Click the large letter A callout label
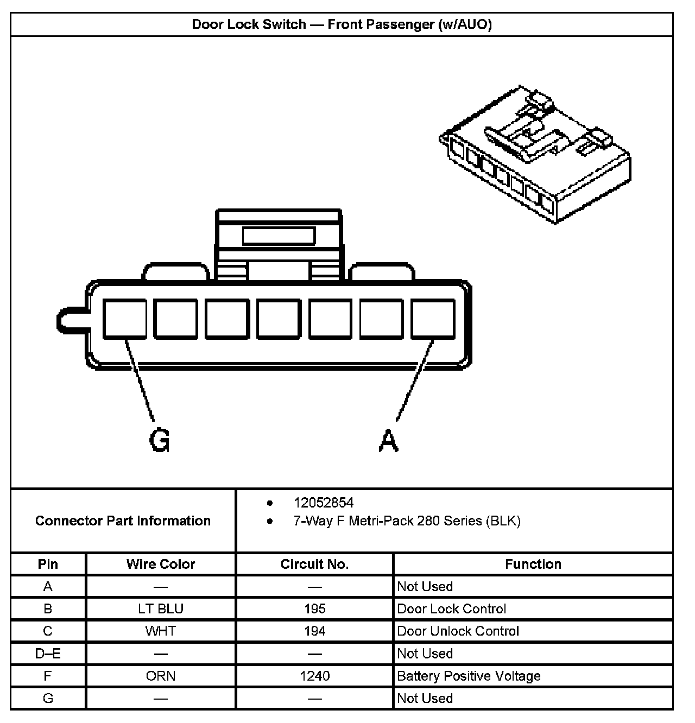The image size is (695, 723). pos(388,440)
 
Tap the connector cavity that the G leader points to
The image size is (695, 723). pos(124,319)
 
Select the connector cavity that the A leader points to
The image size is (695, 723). pos(433,319)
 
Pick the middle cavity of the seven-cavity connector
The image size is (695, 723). pos(279,319)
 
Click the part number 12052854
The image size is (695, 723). pos(324,503)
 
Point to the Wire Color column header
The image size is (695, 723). pos(161,564)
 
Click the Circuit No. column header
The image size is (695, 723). pos(314,564)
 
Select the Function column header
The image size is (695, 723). pos(533,564)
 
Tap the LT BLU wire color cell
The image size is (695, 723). pos(161,608)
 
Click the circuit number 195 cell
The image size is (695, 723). pos(314,608)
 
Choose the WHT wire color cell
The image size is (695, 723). pos(161,631)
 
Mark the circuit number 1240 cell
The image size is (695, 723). pos(314,676)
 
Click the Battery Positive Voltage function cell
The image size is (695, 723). pos(469,676)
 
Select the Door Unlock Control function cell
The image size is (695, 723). pos(458,631)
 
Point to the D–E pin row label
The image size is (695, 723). pos(48,654)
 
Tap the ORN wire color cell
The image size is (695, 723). pos(161,676)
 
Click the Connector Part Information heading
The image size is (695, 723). pos(123,521)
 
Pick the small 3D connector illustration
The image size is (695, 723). pos(535,155)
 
